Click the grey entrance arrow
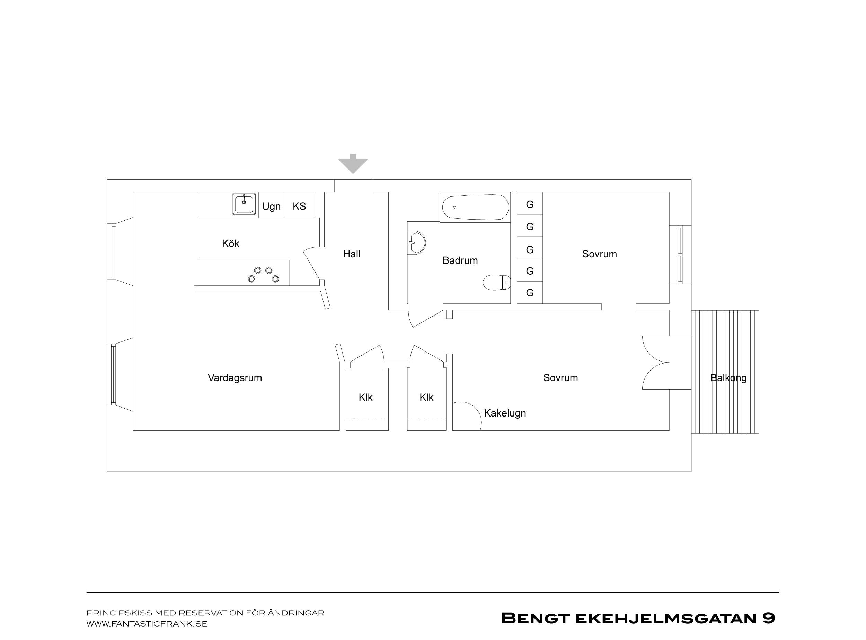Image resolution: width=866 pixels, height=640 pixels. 353,164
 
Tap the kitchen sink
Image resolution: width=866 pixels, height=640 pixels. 244,204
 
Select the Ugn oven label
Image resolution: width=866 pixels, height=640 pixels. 271,207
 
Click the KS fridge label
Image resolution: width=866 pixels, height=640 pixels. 299,206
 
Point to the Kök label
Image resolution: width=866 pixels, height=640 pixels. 230,243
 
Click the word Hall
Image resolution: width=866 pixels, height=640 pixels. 351,254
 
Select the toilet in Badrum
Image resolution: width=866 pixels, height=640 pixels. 497,282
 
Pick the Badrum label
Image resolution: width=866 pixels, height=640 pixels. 460,260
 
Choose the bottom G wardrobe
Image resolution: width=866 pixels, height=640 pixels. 530,292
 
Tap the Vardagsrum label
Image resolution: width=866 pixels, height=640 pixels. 235,378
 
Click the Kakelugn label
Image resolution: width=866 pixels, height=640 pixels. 505,413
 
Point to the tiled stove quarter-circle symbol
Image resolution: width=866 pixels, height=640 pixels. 477,412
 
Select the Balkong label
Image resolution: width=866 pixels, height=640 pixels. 728,378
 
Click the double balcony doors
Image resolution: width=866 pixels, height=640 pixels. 655,363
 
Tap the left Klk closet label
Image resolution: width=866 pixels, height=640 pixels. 365,397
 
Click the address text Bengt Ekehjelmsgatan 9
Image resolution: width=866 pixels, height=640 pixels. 638,618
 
